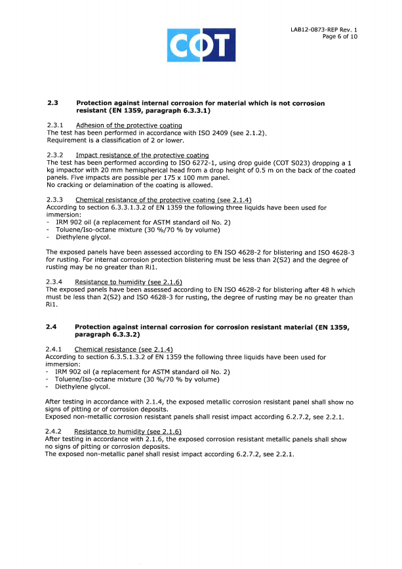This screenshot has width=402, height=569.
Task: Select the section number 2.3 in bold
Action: tap(52, 103)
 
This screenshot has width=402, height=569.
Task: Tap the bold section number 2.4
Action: tap(52, 326)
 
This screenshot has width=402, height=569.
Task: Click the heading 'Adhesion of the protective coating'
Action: tap(129, 125)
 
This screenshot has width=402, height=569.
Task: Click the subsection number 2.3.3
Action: tap(56, 200)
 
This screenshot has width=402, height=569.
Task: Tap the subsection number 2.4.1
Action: tap(56, 349)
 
